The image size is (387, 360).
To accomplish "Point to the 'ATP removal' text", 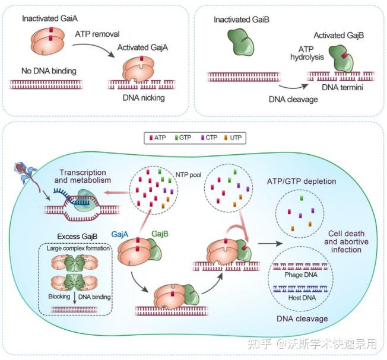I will click(x=98, y=35).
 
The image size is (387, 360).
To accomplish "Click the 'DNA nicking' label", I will click(x=144, y=97).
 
